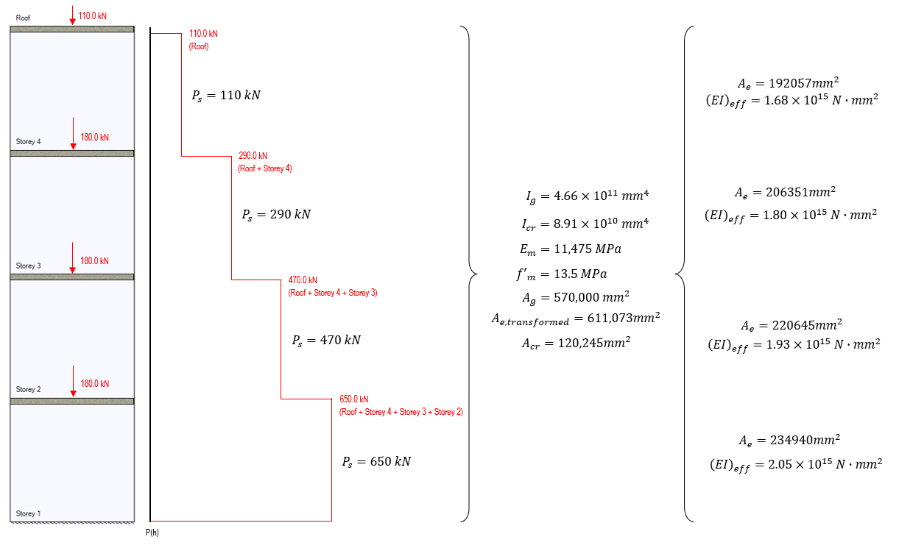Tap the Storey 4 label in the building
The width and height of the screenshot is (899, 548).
click(x=29, y=142)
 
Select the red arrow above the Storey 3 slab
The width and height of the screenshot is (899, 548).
click(x=72, y=259)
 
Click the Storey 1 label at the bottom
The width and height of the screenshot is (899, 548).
click(x=29, y=513)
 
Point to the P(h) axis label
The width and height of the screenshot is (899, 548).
click(x=152, y=533)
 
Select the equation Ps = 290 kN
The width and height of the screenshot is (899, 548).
click(x=276, y=215)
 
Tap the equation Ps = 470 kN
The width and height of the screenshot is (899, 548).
click(x=326, y=341)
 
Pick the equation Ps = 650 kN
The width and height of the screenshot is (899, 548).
click(x=376, y=462)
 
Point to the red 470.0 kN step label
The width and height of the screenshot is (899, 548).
click(x=303, y=280)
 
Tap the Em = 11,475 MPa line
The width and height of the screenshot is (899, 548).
click(x=571, y=249)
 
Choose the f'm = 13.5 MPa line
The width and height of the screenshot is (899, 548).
click(x=571, y=274)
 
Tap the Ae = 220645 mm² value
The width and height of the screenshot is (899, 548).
click(x=791, y=325)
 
